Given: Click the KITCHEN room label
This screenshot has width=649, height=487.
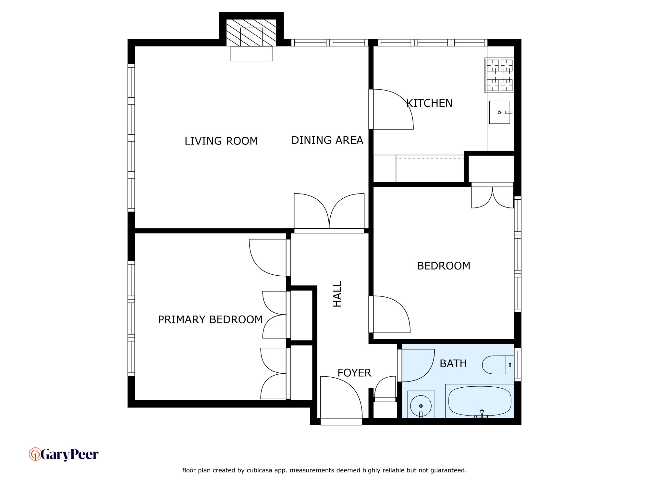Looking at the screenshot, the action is (429, 103).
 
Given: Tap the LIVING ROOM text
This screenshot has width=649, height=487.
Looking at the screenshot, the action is (221, 141).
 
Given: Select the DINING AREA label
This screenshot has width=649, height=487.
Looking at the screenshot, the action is (327, 140).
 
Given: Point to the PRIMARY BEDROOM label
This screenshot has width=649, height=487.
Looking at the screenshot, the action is (210, 319).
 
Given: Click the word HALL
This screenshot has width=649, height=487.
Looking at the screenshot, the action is (337, 294).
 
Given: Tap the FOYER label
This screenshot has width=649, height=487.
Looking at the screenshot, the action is (354, 373).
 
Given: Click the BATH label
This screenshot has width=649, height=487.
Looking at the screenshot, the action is (453, 364).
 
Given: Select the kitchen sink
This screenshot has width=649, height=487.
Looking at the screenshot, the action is (500, 112).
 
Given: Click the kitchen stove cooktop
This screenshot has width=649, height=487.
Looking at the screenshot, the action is (500, 75).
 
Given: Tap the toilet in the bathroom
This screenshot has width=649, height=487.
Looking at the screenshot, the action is (498, 365).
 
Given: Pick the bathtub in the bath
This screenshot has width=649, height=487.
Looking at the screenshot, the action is (480, 401).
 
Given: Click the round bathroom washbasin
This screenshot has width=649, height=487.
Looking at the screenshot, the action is (421, 406).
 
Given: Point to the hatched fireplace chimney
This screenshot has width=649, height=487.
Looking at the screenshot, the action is (251, 32).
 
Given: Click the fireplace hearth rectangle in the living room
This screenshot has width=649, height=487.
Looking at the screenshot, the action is (252, 54).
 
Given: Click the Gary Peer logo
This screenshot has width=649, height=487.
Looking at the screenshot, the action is (64, 455).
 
